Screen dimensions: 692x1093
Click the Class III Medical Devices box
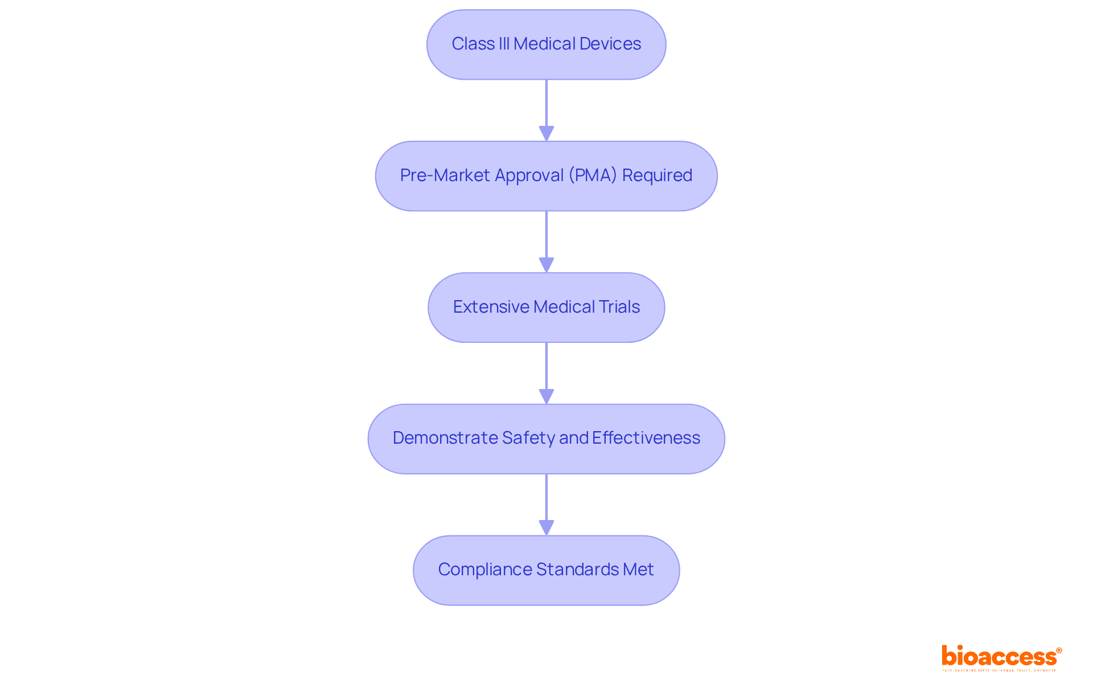coord(546,44)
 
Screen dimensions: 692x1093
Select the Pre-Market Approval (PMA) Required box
coord(546,176)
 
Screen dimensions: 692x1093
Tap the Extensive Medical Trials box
coord(546,308)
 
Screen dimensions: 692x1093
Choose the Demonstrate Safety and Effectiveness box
coord(546,439)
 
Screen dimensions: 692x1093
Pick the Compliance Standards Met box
coord(546,570)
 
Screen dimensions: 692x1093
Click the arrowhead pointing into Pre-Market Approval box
coord(546,133)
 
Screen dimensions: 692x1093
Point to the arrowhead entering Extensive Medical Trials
coord(546,265)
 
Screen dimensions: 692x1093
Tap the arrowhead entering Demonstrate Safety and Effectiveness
coord(546,396)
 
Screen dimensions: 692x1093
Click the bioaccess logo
coord(1000,657)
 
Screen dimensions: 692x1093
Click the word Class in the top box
coord(472,44)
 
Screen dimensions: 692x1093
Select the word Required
coord(657,175)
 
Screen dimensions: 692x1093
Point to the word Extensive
coord(491,307)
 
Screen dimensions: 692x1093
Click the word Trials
coord(619,307)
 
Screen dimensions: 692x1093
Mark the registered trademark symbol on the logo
coord(1059,650)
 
